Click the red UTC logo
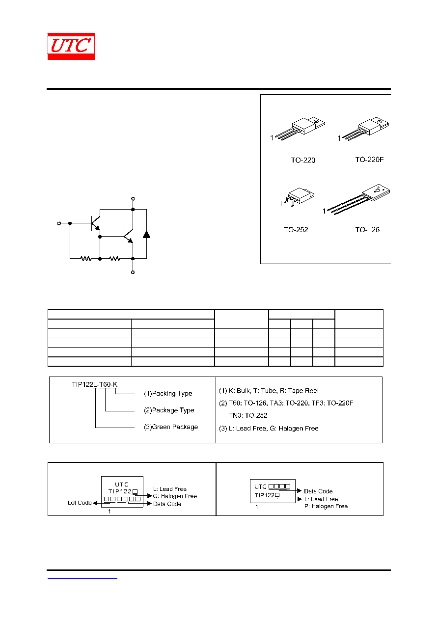71,46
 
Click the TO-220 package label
303,160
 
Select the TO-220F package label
369,160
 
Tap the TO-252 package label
296,230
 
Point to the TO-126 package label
367,230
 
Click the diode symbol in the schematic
146,235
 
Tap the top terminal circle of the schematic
133,199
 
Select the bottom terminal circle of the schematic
133,272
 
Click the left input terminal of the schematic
59,223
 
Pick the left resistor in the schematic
86,259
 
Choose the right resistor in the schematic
114,259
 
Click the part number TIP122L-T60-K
95,384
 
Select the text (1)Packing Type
168,394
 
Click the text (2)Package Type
169,410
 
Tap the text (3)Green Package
171,427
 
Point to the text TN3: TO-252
248,415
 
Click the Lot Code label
80,503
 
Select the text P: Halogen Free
326,506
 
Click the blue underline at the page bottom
82,578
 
